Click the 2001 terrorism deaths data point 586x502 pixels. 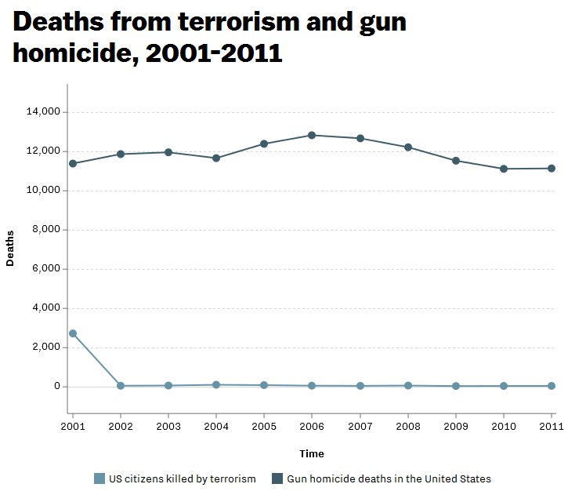[73, 333]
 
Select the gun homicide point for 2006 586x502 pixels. [312, 135]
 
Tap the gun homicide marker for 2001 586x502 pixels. [73, 163]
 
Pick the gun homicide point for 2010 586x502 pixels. [504, 169]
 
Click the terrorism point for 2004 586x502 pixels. [216, 384]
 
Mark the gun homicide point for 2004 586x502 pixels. [216, 158]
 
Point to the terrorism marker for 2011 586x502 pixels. [552, 386]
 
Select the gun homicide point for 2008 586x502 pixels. [408, 147]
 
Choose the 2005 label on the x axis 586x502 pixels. [264, 427]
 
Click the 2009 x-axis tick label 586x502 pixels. [456, 427]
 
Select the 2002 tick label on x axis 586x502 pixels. [121, 427]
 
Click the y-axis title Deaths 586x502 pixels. [10, 248]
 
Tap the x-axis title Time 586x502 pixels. [311, 453]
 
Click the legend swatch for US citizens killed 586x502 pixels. [99, 478]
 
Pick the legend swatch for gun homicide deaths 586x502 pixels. [277, 478]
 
